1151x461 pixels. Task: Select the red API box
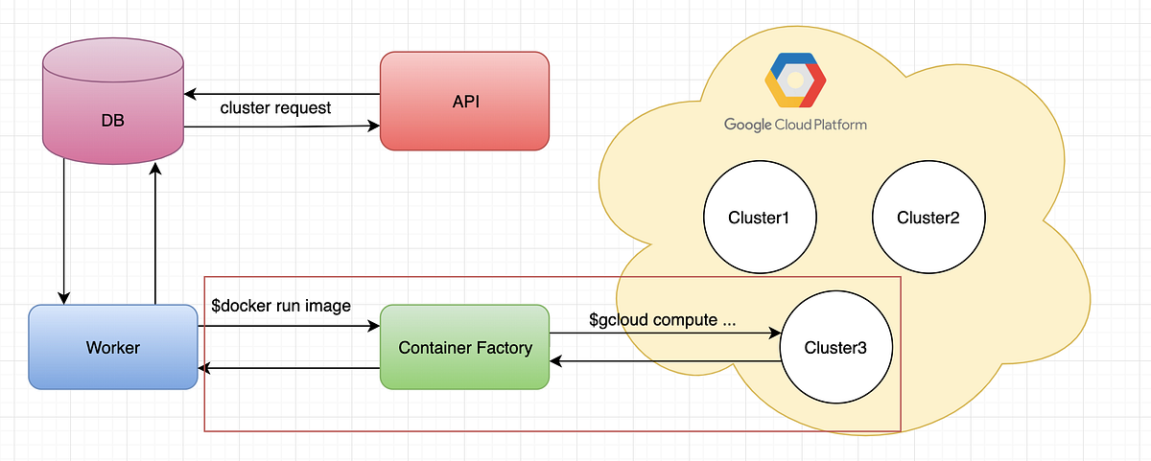[464, 101]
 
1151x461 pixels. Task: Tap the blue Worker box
[113, 347]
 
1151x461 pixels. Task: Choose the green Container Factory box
[464, 347]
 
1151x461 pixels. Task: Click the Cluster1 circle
[759, 218]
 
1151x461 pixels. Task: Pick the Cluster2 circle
[928, 218]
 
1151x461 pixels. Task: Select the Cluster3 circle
[835, 348]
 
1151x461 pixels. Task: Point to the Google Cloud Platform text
[795, 125]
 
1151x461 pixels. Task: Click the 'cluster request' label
[275, 108]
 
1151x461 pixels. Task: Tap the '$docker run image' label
[280, 306]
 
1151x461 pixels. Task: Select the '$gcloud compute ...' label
[663, 320]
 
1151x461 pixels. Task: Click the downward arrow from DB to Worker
[64, 230]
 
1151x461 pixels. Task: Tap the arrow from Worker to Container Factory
[288, 327]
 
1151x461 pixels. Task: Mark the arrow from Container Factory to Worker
[288, 368]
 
